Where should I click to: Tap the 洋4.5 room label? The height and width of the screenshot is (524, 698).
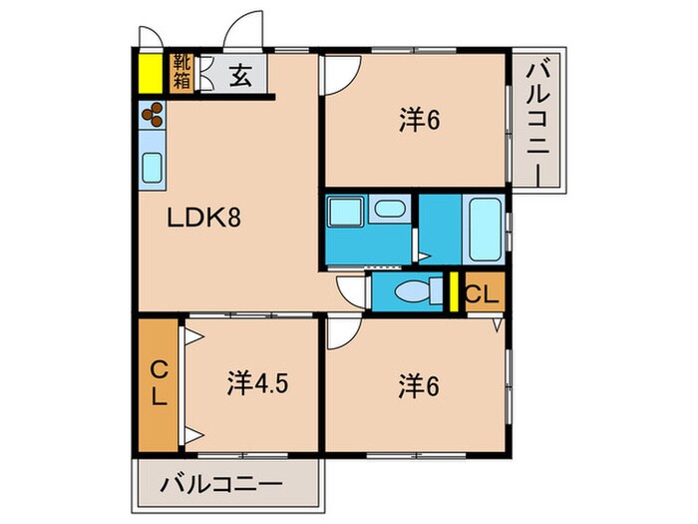pyautogui.click(x=258, y=381)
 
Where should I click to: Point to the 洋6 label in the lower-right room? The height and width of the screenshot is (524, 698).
pyautogui.click(x=421, y=381)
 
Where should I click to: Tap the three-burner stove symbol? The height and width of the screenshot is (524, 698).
pyautogui.click(x=156, y=116)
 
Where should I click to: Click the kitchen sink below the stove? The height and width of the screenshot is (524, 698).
pyautogui.click(x=153, y=167)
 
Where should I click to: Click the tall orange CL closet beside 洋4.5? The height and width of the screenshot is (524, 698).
pyautogui.click(x=159, y=383)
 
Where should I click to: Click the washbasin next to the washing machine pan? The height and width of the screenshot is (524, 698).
pyautogui.click(x=390, y=210)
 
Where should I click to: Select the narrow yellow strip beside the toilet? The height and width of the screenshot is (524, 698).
pyautogui.click(x=454, y=292)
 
